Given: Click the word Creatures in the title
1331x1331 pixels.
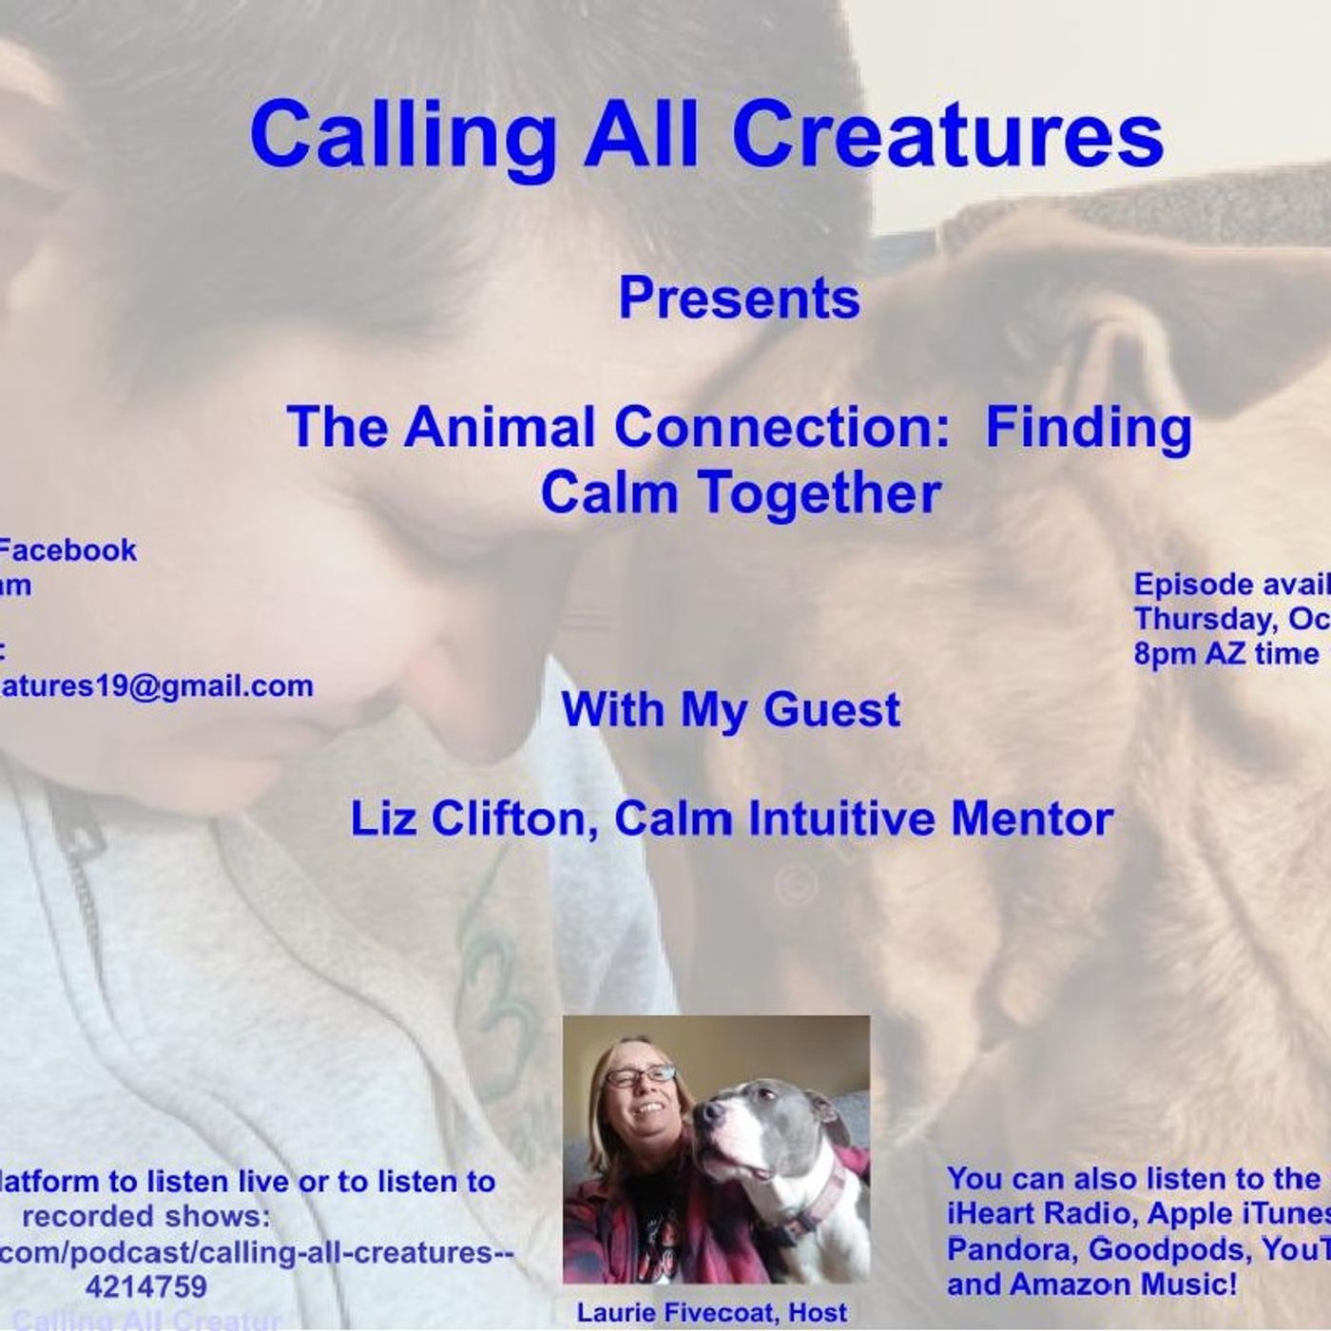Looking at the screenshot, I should pyautogui.click(x=948, y=134).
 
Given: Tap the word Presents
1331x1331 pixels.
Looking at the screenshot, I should pyautogui.click(x=740, y=299).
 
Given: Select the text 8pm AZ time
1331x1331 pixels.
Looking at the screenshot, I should pyautogui.click(x=1226, y=654).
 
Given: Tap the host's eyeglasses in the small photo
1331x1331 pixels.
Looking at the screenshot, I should pyautogui.click(x=639, y=1075).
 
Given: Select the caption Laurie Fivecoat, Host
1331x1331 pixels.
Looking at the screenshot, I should pyautogui.click(x=712, y=1313).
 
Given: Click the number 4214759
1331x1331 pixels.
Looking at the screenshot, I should pyautogui.click(x=145, y=1287).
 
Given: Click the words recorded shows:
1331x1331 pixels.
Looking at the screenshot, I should pyautogui.click(x=145, y=1217).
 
